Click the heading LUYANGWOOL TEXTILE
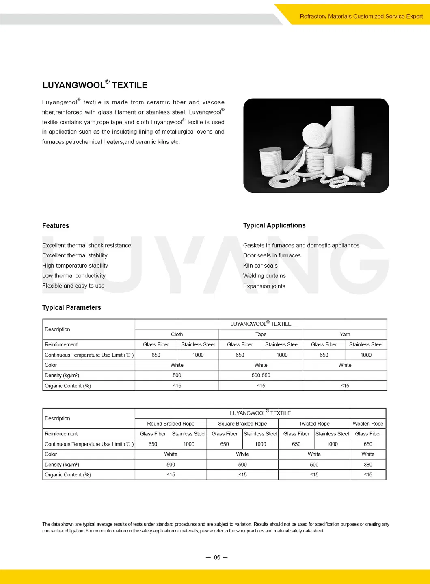pyautogui.click(x=95, y=85)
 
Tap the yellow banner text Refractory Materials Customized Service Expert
pyautogui.click(x=361, y=17)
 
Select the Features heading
pyautogui.click(x=56, y=226)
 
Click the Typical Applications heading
pyautogui.click(x=274, y=225)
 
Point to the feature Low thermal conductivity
pyautogui.click(x=74, y=276)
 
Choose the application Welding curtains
pyautogui.click(x=264, y=276)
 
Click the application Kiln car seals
pyautogui.click(x=260, y=266)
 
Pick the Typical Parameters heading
pyautogui.click(x=71, y=308)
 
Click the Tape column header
pyautogui.click(x=261, y=334)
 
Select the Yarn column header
pyautogui.click(x=345, y=334)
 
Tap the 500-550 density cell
pyautogui.click(x=261, y=376)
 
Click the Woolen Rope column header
pyautogui.click(x=368, y=424)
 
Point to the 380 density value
pyautogui.click(x=368, y=465)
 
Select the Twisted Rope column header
pyautogui.click(x=314, y=424)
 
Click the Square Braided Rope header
pyautogui.click(x=242, y=424)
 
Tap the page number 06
pyautogui.click(x=217, y=558)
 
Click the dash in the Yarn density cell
pyautogui.click(x=345, y=376)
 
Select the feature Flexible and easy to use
pyautogui.click(x=73, y=286)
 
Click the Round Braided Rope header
pyautogui.click(x=171, y=424)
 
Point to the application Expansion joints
pyautogui.click(x=264, y=286)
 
